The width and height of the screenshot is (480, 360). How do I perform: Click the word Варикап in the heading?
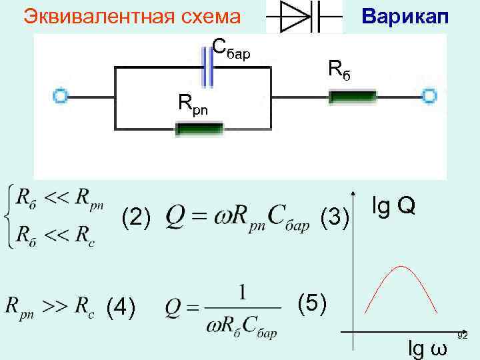point(405,15)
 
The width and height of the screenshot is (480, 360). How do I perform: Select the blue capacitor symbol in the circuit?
point(209,67)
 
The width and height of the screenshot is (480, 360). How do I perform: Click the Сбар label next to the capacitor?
point(231,49)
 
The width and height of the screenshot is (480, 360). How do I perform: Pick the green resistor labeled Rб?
point(353,97)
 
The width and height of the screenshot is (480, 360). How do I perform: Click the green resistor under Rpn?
point(198,128)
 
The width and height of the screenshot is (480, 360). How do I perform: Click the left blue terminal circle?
point(61,97)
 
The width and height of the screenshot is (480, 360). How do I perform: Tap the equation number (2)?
point(136,217)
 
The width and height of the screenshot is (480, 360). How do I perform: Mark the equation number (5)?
point(312,303)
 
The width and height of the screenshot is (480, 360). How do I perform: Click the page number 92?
point(463,335)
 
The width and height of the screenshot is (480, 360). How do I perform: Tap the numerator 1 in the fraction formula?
point(244,293)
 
